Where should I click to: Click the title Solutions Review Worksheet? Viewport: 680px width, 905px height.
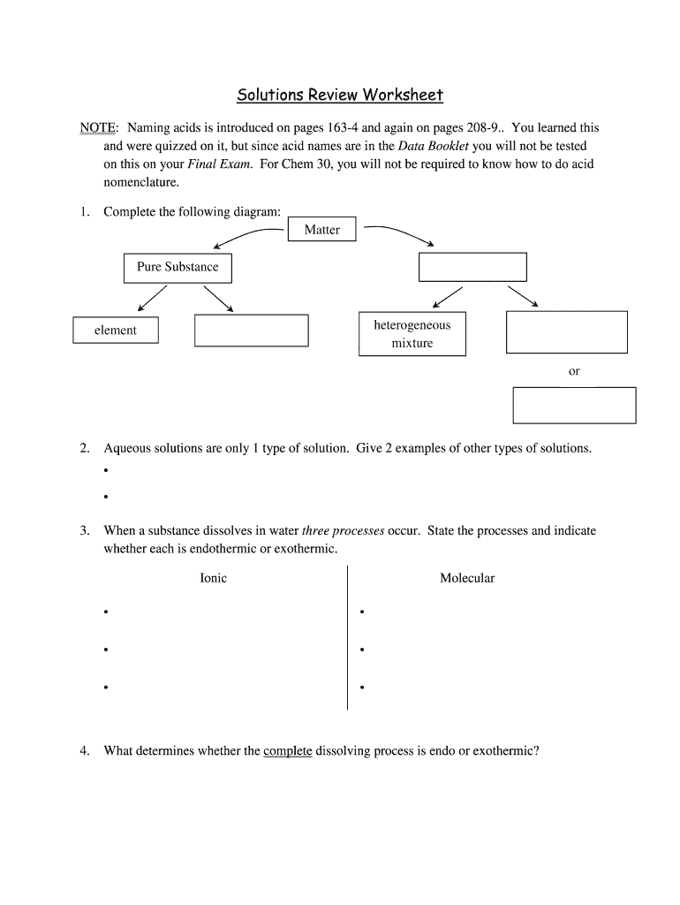coord(339,95)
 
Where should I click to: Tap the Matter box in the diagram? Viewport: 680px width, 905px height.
coord(321,230)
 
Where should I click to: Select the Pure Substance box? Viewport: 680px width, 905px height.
coord(178,267)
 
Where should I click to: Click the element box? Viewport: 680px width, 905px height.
coord(116,331)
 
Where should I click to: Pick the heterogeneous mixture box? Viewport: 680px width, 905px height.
coord(412,334)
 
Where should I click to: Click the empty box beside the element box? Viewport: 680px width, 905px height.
coord(251,331)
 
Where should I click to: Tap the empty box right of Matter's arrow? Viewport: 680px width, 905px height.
coord(472,267)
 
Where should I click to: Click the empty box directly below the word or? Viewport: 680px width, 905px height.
coord(574,406)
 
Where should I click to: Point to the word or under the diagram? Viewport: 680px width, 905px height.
coord(574,371)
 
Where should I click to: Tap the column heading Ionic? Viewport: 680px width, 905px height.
coord(213,578)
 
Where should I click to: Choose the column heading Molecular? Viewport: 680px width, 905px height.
coord(467,578)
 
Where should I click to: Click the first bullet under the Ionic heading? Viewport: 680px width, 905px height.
coord(105,612)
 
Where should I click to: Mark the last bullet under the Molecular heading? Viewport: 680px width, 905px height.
coord(363,687)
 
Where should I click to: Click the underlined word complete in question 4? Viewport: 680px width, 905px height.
coord(288,751)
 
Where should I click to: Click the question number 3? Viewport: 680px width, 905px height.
coord(84,531)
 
